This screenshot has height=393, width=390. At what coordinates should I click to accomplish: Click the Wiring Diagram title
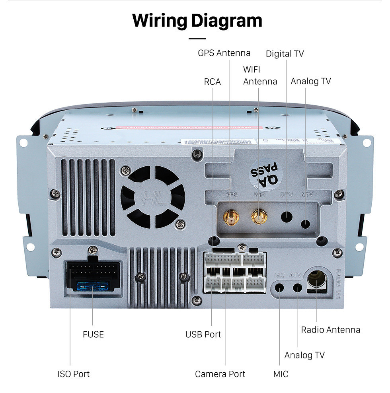[x=197, y=20]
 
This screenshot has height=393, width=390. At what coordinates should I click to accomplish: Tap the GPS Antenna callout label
[x=224, y=53]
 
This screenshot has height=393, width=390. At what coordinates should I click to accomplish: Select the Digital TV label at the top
[x=285, y=54]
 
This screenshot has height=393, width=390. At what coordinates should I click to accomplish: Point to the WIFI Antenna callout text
[x=260, y=76]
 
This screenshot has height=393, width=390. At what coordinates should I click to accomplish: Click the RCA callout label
[x=212, y=82]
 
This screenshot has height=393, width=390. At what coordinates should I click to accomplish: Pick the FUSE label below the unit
[x=93, y=335]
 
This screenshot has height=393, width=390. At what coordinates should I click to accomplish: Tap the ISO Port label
[x=74, y=374]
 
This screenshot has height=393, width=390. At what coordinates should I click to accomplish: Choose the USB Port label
[x=203, y=335]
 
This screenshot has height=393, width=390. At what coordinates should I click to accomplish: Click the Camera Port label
[x=220, y=374]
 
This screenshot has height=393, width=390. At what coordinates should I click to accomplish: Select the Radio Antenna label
[x=330, y=330]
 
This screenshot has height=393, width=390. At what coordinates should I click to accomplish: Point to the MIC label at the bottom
[x=281, y=374]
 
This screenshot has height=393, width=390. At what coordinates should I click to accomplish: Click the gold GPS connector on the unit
[x=231, y=217]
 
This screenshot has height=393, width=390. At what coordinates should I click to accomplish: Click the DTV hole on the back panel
[x=287, y=217]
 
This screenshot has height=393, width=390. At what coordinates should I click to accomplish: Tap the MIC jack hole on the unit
[x=280, y=287]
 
